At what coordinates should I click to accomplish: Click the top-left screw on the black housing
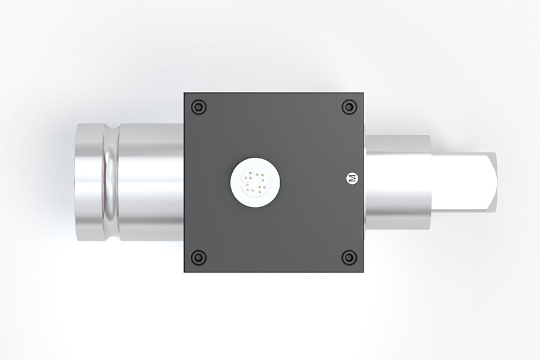pyautogui.click(x=199, y=107)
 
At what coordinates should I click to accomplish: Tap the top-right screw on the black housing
pyautogui.click(x=349, y=107)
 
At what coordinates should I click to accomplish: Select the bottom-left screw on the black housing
pyautogui.click(x=199, y=257)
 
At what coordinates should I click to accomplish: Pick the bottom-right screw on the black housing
pyautogui.click(x=349, y=257)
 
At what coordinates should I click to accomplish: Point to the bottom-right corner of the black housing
pyautogui.click(x=362, y=271)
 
